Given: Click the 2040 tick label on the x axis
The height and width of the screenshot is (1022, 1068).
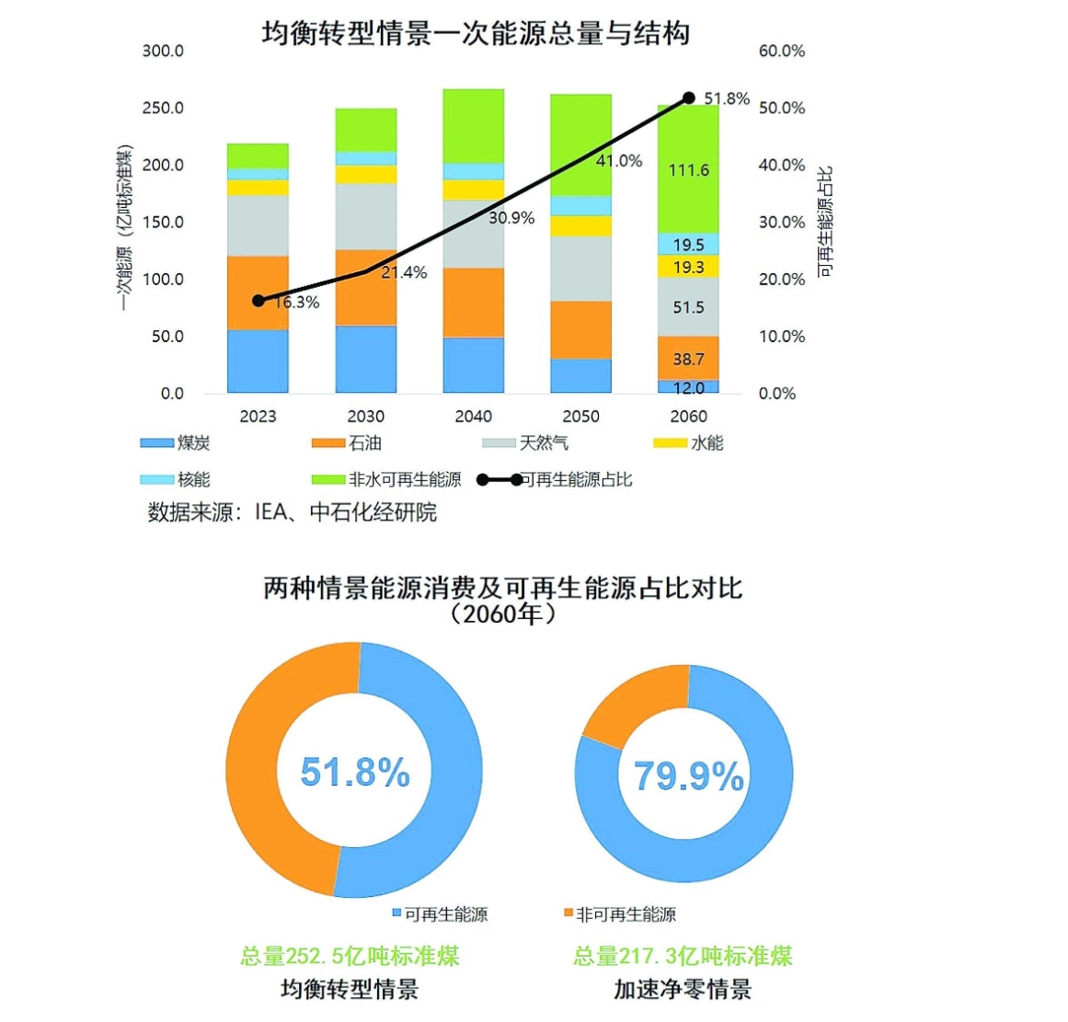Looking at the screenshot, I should coord(473,417).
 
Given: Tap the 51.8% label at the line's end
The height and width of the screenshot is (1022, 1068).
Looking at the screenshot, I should coord(727,98).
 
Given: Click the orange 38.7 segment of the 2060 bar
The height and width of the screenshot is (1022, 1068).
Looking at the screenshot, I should coord(688,359).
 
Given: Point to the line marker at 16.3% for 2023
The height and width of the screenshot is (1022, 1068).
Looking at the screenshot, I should coord(258,301).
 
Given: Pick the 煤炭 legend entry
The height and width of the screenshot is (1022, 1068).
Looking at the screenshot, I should coord(176,443).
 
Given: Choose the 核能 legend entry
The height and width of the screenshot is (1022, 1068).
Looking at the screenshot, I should coord(176,479).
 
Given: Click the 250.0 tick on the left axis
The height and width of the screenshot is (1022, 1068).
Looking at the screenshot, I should coord(163,109).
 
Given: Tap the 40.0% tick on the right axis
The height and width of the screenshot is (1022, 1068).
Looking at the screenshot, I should coord(781,166).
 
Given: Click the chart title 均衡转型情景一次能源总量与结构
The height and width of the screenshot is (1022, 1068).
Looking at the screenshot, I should coord(476,34).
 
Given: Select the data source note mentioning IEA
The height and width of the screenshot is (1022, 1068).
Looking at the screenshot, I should coord(292,512).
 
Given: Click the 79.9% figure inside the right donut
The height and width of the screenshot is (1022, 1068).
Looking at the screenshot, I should coord(688,776).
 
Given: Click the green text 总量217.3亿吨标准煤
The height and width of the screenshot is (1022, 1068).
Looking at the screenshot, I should coord(683,956).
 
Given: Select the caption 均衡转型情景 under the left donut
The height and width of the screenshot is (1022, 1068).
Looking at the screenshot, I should coord(350,990).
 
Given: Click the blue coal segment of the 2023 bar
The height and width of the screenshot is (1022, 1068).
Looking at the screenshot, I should coord(258,361).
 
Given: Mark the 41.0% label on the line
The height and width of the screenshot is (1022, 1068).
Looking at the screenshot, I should coord(619,161).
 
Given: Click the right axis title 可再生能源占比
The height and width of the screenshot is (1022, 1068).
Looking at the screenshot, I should coord(825,221).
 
